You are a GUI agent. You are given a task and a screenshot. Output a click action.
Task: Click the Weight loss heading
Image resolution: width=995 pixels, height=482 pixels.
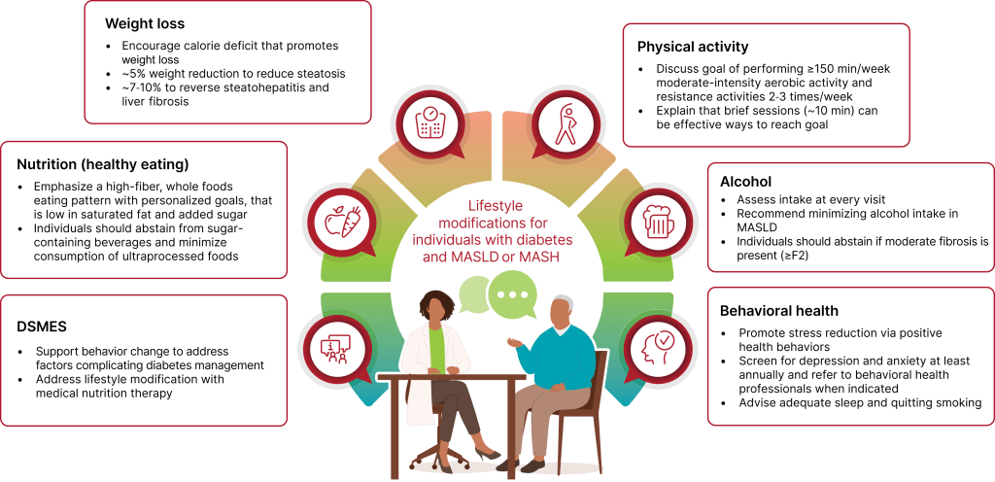click(x=144, y=22)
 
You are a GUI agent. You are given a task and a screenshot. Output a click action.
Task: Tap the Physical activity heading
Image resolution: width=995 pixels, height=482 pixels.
click(x=693, y=47)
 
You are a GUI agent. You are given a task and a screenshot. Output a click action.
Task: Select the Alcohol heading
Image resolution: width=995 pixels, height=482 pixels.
click(x=746, y=181)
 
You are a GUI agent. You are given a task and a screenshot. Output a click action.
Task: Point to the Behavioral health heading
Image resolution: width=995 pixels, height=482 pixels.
click(x=778, y=311)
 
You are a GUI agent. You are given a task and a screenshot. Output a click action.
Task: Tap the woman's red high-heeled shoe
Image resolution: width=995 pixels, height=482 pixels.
click(x=486, y=452)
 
